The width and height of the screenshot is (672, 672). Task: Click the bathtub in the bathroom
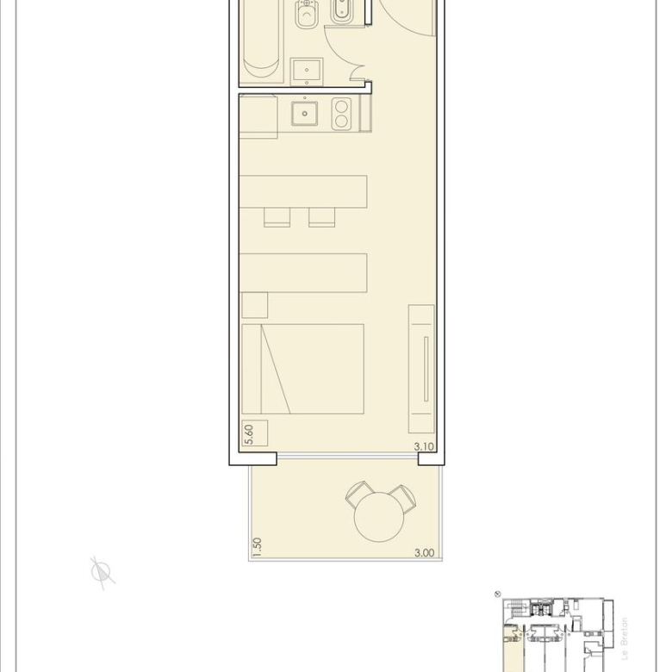261,40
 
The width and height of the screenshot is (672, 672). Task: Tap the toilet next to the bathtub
306,14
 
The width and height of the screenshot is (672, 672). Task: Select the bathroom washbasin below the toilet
307,72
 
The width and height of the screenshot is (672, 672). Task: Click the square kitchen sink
305,114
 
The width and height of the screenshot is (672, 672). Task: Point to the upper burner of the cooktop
341,106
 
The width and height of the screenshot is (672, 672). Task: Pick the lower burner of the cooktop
341,121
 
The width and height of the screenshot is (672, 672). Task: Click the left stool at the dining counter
277,217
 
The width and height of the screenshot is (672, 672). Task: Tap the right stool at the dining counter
322,217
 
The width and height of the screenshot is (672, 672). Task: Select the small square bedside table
254,305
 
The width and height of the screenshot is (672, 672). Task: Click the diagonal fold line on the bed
276,369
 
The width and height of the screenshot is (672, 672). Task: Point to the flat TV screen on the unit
426,369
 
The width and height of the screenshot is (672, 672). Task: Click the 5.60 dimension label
249,434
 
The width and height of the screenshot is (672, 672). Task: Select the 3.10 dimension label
424,446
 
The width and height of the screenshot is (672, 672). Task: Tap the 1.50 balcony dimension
257,547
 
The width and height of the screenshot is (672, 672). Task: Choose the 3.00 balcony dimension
424,553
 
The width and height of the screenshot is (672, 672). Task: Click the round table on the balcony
379,517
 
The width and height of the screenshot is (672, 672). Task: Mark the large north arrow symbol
102,573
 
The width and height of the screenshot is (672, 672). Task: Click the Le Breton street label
625,638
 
